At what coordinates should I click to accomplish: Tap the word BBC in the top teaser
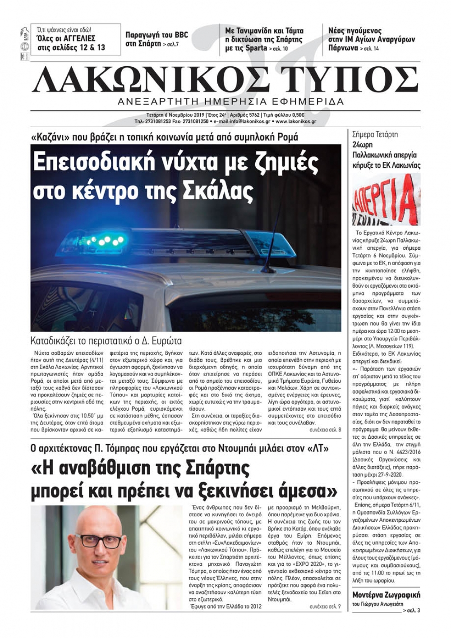178,35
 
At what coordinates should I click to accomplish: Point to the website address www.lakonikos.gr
295,121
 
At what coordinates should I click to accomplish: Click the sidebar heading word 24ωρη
364,145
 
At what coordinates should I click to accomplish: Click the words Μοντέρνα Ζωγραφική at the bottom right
386,594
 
